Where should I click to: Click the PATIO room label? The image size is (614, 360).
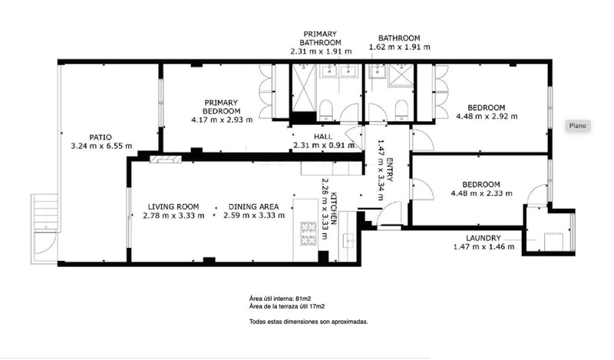101,137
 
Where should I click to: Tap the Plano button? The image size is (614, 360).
578,126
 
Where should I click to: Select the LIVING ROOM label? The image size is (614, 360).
173,206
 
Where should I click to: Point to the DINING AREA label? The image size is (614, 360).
254,206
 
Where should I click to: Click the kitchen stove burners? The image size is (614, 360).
309,233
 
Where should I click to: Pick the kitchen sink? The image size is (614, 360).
348,239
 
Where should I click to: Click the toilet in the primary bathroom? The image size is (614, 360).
325,110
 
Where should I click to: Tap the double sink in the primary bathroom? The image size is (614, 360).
338,71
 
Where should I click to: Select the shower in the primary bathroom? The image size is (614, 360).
304,88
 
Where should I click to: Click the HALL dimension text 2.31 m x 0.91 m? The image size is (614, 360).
324,145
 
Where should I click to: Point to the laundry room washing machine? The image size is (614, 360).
553,241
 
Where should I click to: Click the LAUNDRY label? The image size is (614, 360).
484,238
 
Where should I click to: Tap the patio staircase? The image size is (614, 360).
45,212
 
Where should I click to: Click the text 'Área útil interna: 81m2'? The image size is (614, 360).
280,299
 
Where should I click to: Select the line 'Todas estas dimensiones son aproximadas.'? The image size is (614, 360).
309,322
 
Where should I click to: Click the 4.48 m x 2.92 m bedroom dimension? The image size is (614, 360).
487,117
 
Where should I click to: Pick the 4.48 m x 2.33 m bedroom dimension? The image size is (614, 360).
482,193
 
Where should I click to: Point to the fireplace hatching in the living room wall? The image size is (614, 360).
166,159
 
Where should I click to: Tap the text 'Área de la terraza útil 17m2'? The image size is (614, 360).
286,306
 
